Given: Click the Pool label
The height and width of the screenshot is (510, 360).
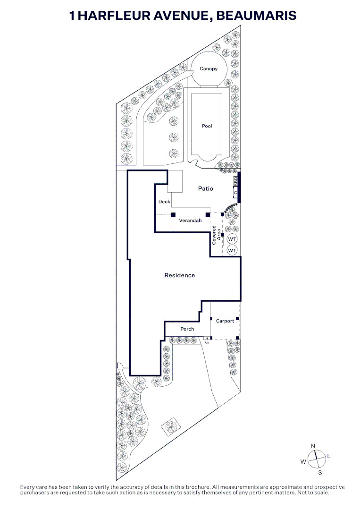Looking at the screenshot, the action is point(207,126).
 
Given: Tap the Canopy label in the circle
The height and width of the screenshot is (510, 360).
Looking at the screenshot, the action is point(209,68).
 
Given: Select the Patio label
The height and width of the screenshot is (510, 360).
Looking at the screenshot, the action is point(206,188).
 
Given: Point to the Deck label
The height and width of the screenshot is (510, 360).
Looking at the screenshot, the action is point(164,202).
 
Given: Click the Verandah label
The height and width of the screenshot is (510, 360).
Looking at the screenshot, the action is point(191,221).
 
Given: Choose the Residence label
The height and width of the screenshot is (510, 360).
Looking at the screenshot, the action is point(180,275).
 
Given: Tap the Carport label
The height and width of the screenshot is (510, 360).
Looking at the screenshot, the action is point(225,321).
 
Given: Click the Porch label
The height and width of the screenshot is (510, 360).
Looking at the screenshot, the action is point(187,329).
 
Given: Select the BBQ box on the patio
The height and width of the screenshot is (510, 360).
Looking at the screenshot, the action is point(235,181).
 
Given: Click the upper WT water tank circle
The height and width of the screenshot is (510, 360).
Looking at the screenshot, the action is point(232,239).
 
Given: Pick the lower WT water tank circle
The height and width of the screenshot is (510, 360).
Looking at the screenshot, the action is point(232,250).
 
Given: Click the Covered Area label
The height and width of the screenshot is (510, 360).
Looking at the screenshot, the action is point(216,235).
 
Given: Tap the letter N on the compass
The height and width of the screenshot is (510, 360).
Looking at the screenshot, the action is point(313,446).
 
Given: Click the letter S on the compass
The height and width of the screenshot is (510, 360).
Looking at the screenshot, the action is point(320,473).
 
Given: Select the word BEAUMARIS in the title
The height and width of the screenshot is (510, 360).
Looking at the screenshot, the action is point(256,15).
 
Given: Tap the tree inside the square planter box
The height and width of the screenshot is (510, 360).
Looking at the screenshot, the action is point(170,426).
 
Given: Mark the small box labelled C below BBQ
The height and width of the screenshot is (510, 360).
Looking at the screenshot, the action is point(235,193).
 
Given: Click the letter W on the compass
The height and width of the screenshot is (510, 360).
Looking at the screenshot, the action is point(303,461).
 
